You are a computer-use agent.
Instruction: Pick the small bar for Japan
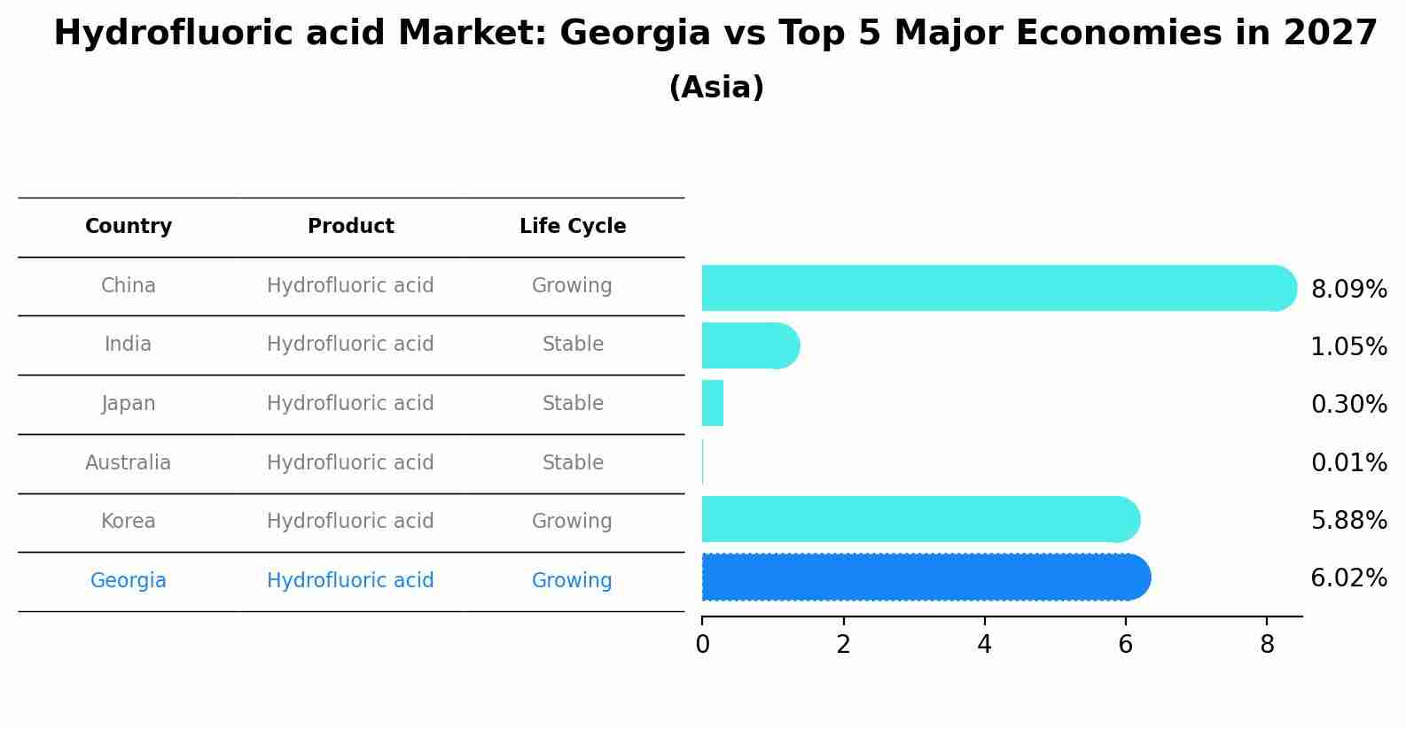713,403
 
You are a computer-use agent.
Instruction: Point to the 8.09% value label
1348,290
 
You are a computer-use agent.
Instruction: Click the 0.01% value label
1348,463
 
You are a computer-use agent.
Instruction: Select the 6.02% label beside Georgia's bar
1348,578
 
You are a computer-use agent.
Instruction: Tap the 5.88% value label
1348,521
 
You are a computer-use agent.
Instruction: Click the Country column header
129,227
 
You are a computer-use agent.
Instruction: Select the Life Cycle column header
573,227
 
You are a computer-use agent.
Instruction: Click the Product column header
351,227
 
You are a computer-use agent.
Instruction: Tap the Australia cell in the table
129,462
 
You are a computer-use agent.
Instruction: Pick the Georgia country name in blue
129,581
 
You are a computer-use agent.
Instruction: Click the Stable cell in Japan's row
573,404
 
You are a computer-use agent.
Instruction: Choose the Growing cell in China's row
572,286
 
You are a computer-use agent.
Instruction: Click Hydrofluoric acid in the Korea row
350,522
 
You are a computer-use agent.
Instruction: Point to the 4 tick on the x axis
984,645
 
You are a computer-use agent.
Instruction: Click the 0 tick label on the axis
702,645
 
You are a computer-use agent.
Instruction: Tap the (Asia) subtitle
716,88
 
